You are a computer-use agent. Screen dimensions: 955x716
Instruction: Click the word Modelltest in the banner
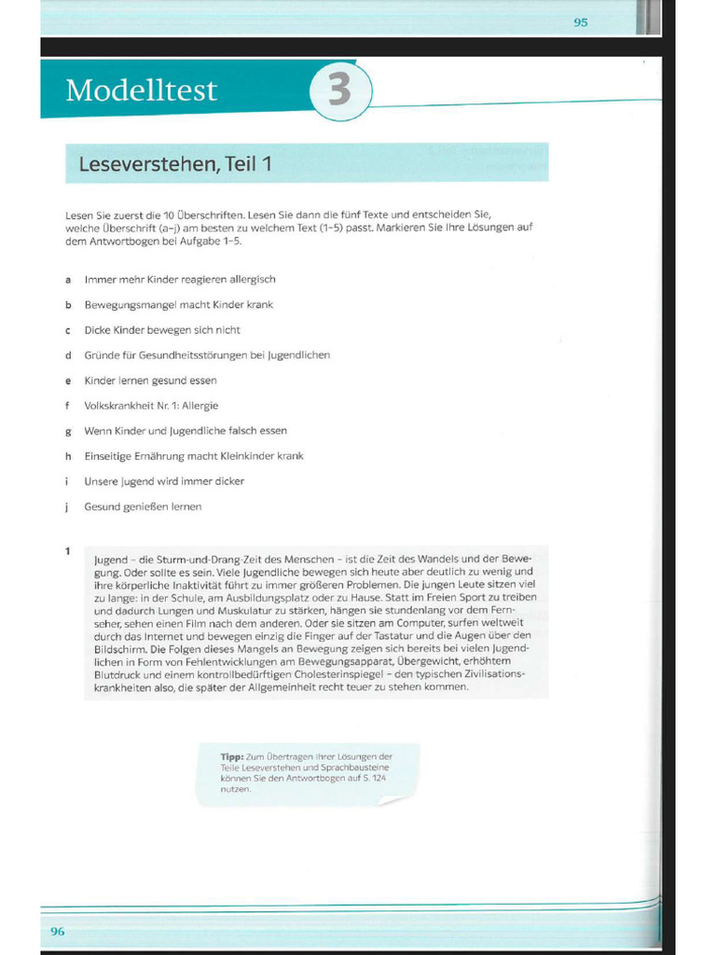click(141, 90)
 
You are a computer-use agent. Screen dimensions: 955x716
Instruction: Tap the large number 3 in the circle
click(340, 92)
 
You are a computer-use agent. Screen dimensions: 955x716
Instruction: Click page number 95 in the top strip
click(581, 22)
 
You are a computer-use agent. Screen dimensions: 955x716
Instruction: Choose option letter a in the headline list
click(68, 279)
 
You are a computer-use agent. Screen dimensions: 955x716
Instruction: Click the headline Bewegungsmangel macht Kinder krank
click(178, 305)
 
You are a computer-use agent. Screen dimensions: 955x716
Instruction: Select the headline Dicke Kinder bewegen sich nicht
click(162, 330)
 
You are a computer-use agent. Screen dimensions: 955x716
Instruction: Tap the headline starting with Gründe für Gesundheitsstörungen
click(207, 355)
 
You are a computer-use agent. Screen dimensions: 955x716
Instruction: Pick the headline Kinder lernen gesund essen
click(150, 381)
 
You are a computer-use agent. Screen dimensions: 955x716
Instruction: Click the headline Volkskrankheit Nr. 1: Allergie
click(151, 406)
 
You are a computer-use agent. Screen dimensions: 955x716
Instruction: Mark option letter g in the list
click(68, 431)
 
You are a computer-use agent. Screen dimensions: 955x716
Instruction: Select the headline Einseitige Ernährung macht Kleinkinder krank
click(194, 456)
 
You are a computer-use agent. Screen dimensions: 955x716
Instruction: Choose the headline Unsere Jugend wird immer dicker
click(164, 481)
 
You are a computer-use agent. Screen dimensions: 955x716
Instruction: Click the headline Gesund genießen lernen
click(143, 506)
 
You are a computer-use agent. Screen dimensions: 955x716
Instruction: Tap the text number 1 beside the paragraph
click(68, 551)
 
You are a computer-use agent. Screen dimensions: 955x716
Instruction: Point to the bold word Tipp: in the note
click(231, 756)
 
